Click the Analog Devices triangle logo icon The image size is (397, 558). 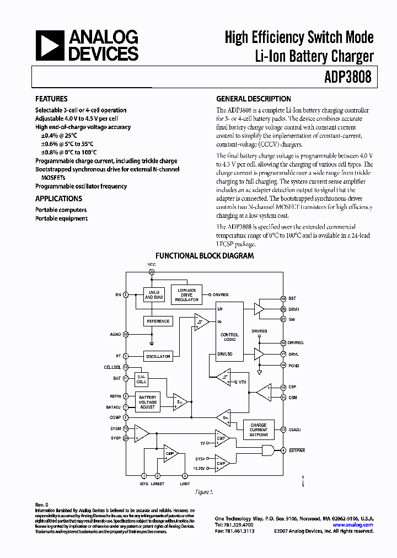[50, 45]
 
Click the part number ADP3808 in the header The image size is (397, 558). [348, 78]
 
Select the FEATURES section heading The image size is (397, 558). [51, 99]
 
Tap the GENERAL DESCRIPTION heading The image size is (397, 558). [253, 99]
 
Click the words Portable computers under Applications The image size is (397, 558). [61, 210]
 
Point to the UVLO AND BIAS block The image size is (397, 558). [154, 294]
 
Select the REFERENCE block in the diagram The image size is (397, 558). [158, 321]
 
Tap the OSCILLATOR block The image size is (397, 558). [158, 356]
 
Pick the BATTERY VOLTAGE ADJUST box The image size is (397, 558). [147, 402]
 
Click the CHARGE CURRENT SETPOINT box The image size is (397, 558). [258, 430]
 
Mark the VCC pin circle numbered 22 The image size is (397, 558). [152, 272]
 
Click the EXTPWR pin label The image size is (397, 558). [296, 450]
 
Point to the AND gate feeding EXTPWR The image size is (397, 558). [269, 450]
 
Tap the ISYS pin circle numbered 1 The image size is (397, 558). [144, 475]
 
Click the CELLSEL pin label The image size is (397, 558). [112, 367]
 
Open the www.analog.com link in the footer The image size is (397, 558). [356, 525]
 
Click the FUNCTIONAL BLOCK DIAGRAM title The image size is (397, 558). [205, 256]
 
